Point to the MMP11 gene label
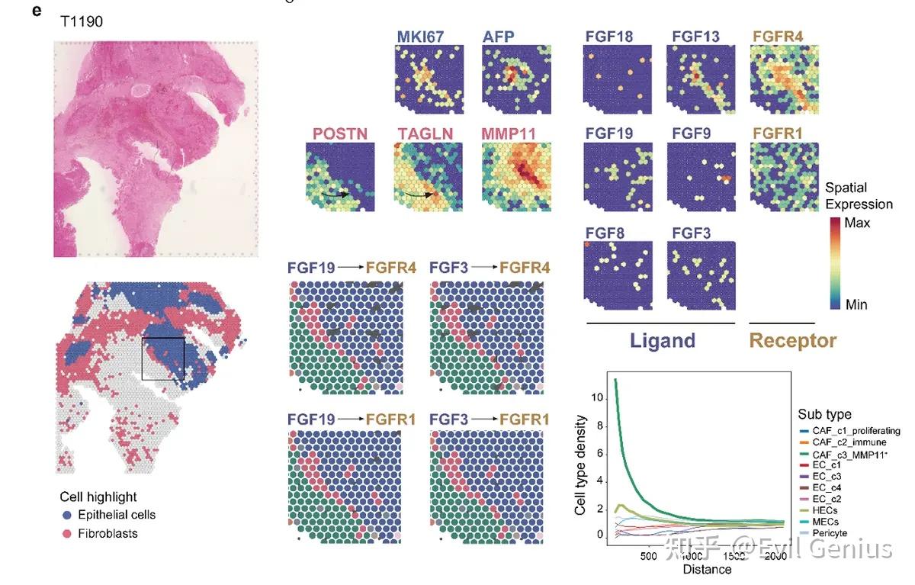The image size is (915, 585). pyautogui.click(x=509, y=133)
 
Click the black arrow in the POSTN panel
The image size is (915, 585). pyautogui.click(x=335, y=194)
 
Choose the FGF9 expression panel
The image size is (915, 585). pyautogui.click(x=701, y=176)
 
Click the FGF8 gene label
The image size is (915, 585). pyautogui.click(x=605, y=231)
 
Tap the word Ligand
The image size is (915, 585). pyautogui.click(x=663, y=340)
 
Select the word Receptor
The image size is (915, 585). pyautogui.click(x=793, y=340)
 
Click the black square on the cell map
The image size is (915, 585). pyautogui.click(x=162, y=358)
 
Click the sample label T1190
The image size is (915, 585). pyautogui.click(x=82, y=22)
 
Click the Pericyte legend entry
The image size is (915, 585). pyautogui.click(x=830, y=532)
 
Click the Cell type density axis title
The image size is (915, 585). pyautogui.click(x=581, y=464)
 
